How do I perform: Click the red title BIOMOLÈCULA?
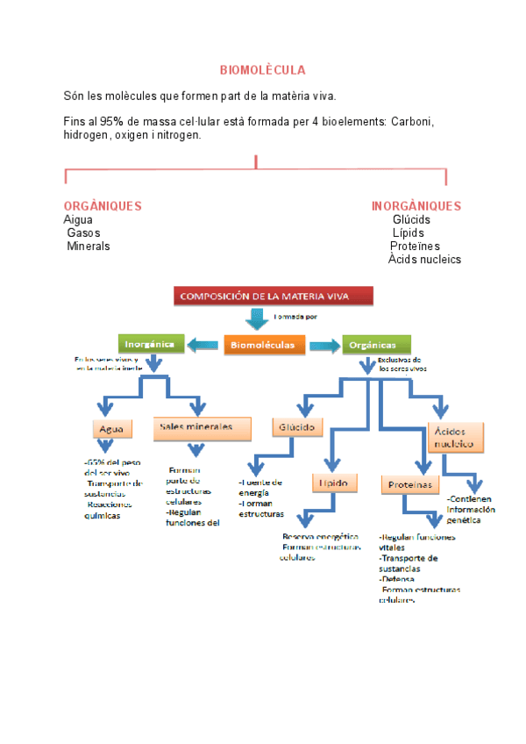pos(262,69)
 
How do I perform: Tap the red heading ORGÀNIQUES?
pos(103,206)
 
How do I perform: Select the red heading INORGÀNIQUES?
pos(416,206)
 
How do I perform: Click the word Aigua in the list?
pos(78,219)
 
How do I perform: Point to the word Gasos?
pos(83,232)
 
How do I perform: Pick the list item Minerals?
pos(89,246)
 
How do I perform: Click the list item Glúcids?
pos(411,219)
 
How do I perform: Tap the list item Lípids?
pos(408,232)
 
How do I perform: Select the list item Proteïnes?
pos(415,246)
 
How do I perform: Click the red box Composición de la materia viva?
pos(273,296)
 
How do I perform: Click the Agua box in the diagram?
pos(112,429)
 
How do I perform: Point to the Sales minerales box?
pos(195,427)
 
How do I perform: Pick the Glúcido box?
pos(298,427)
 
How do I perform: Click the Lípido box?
pos(334,483)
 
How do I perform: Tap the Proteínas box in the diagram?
pos(409,484)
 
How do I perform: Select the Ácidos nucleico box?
pos(456,438)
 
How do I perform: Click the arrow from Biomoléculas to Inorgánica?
pos(204,345)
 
